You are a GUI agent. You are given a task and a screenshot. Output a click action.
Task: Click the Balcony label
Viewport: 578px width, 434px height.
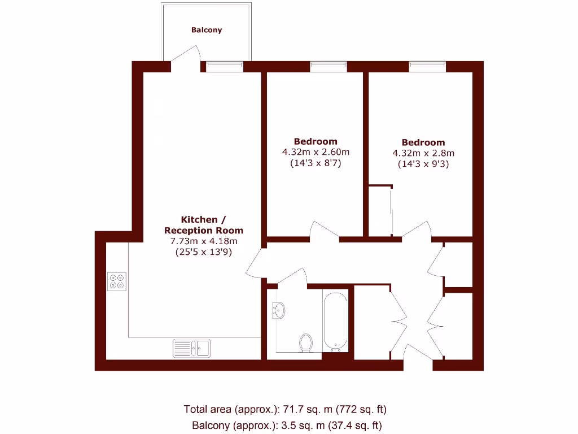click(207, 30)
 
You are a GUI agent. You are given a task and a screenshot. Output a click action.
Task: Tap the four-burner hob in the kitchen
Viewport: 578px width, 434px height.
click(117, 281)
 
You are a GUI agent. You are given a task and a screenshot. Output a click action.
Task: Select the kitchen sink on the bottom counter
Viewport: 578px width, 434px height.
click(191, 348)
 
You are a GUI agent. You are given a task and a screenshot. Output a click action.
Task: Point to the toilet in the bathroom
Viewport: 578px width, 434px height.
click(306, 342)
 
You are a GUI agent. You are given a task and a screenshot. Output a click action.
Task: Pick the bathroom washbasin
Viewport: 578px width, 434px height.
click(279, 310)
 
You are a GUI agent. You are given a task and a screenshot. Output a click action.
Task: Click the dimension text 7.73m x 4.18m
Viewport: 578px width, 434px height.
click(204, 241)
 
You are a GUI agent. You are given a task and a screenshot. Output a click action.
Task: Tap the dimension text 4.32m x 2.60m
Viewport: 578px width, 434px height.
click(316, 152)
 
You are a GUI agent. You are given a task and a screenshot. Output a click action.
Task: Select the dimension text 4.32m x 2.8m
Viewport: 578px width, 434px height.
click(423, 153)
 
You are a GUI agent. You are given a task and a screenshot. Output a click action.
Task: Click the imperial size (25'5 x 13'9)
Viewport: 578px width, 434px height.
click(204, 253)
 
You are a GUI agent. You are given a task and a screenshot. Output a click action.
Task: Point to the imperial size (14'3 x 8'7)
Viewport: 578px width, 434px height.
click(316, 163)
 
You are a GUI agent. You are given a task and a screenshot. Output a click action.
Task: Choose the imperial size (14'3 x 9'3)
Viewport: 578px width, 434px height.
click(423, 164)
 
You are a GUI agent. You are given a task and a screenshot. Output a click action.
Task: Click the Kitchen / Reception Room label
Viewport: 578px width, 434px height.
click(204, 224)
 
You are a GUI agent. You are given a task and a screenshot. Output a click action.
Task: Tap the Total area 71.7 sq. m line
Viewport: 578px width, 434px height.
click(285, 409)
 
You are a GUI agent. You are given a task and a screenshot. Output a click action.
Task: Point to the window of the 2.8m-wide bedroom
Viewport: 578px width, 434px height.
click(427, 67)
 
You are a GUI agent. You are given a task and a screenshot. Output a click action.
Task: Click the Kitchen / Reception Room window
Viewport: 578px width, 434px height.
click(225, 67)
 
